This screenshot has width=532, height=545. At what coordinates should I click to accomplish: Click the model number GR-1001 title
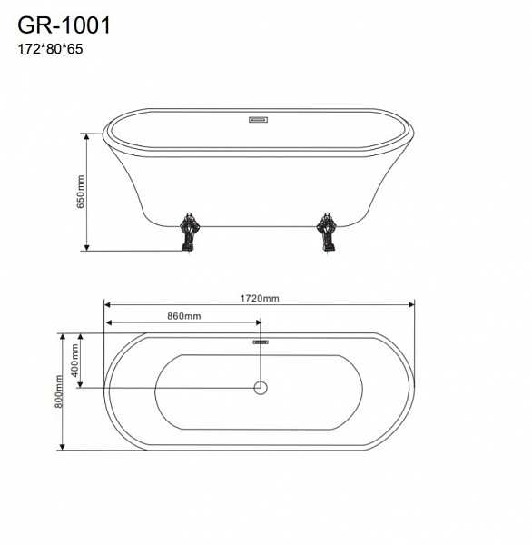[x=64, y=25]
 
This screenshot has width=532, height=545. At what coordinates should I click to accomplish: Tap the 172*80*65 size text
[x=50, y=49]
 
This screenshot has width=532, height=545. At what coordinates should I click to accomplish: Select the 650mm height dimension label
[x=80, y=192]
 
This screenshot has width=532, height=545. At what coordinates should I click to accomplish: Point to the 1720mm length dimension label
[x=260, y=298]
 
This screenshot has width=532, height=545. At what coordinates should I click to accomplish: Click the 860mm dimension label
[x=184, y=316]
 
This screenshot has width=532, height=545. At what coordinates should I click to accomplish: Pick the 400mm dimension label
[x=74, y=361]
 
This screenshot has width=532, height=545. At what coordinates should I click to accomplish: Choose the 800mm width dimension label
[x=59, y=391]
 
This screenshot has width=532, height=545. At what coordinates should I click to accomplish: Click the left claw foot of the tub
[x=188, y=232]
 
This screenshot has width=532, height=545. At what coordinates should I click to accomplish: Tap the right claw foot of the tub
[x=327, y=232]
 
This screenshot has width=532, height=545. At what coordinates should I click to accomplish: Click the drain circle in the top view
[x=261, y=388]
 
